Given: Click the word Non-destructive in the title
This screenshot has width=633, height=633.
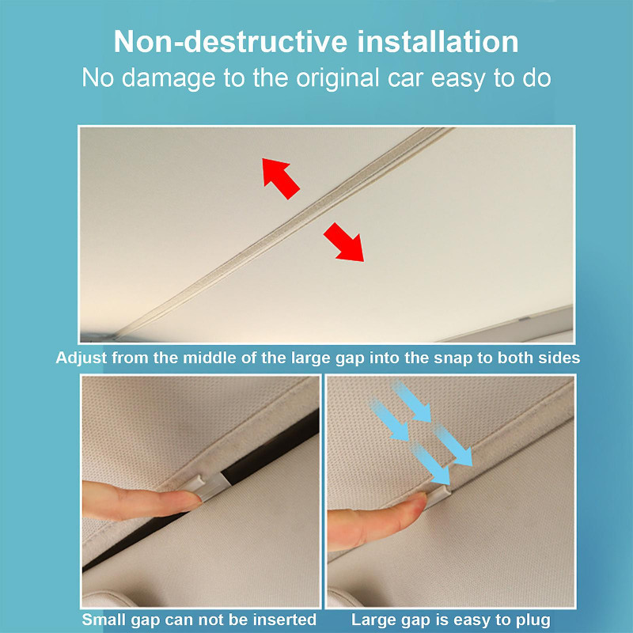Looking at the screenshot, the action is pos(230,42).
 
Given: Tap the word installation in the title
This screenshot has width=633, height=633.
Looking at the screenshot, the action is pos(438,42).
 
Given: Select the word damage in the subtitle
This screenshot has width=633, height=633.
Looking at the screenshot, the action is pos(169,78).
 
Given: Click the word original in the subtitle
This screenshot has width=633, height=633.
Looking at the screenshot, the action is pos(338,78).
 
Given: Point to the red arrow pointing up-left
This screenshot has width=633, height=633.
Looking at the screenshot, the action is pos(281,178).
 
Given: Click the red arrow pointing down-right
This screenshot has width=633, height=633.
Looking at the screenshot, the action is pos(344,242).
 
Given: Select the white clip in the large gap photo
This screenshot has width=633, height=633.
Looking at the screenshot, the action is pos(438,495).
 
